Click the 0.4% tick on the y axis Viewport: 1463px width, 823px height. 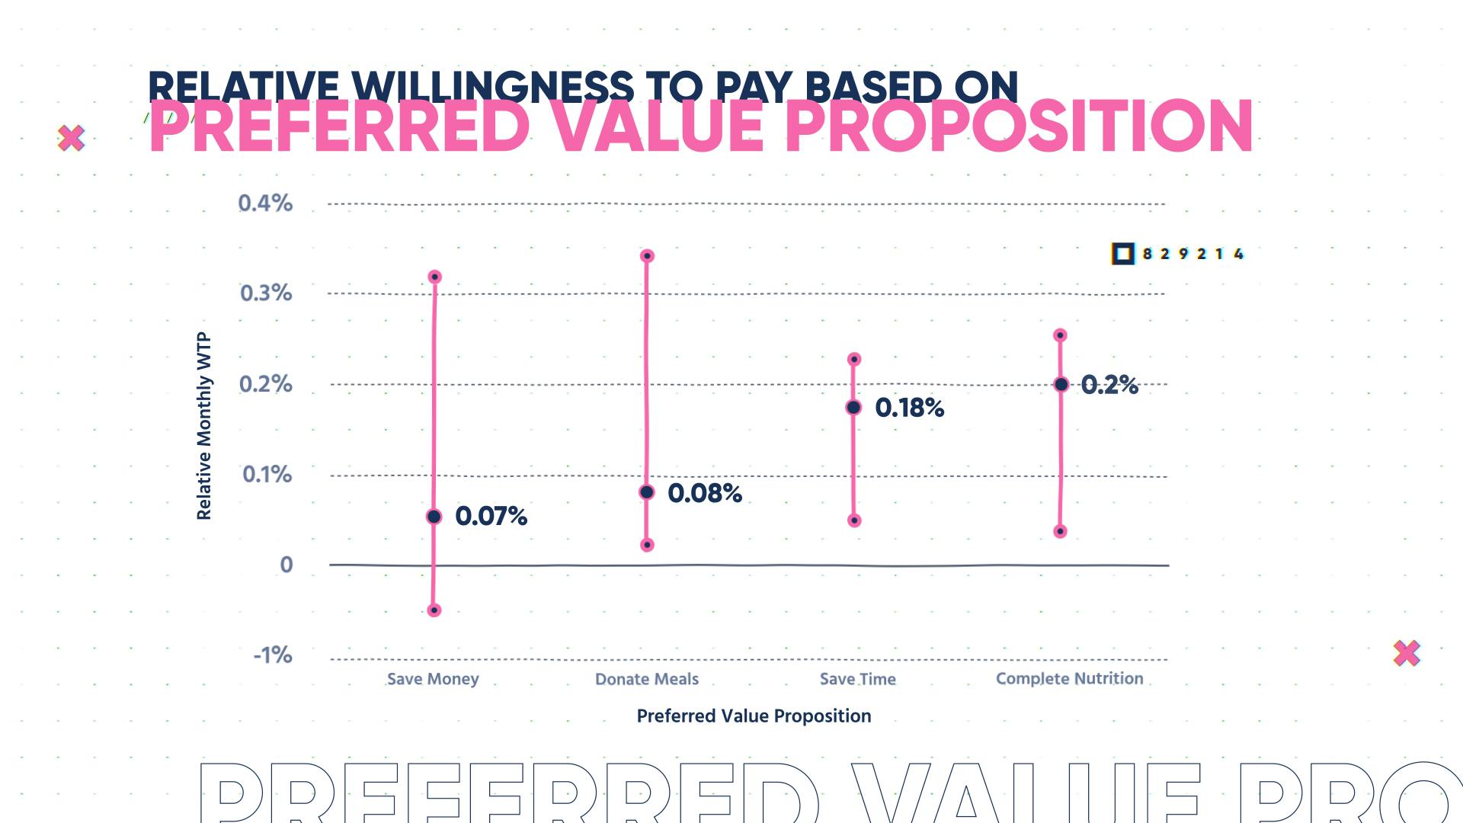(x=265, y=203)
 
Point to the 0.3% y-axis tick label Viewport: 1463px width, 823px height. (x=266, y=293)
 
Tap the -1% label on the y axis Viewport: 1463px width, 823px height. (x=273, y=655)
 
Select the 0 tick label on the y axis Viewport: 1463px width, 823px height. (x=287, y=565)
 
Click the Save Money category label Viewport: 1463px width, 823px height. (x=433, y=679)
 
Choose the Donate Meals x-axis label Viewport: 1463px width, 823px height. (x=647, y=679)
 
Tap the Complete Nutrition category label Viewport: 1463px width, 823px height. (x=1069, y=678)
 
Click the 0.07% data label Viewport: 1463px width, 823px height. (x=491, y=517)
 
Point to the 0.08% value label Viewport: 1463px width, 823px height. (x=704, y=494)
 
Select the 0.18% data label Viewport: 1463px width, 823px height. (x=909, y=408)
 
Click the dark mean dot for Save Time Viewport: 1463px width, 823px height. (x=853, y=408)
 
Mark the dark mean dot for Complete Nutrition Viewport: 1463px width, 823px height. (x=1061, y=384)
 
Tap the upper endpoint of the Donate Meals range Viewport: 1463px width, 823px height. (x=647, y=256)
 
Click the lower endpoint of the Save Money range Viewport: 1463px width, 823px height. (x=434, y=610)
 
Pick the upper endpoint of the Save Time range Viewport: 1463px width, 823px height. (x=854, y=359)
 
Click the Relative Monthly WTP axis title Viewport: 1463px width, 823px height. (x=203, y=427)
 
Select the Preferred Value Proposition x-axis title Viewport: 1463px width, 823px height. (x=754, y=716)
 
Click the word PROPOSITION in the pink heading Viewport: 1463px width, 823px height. (x=1019, y=126)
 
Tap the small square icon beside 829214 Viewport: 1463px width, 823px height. (x=1122, y=254)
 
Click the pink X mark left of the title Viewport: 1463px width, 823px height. (x=72, y=138)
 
